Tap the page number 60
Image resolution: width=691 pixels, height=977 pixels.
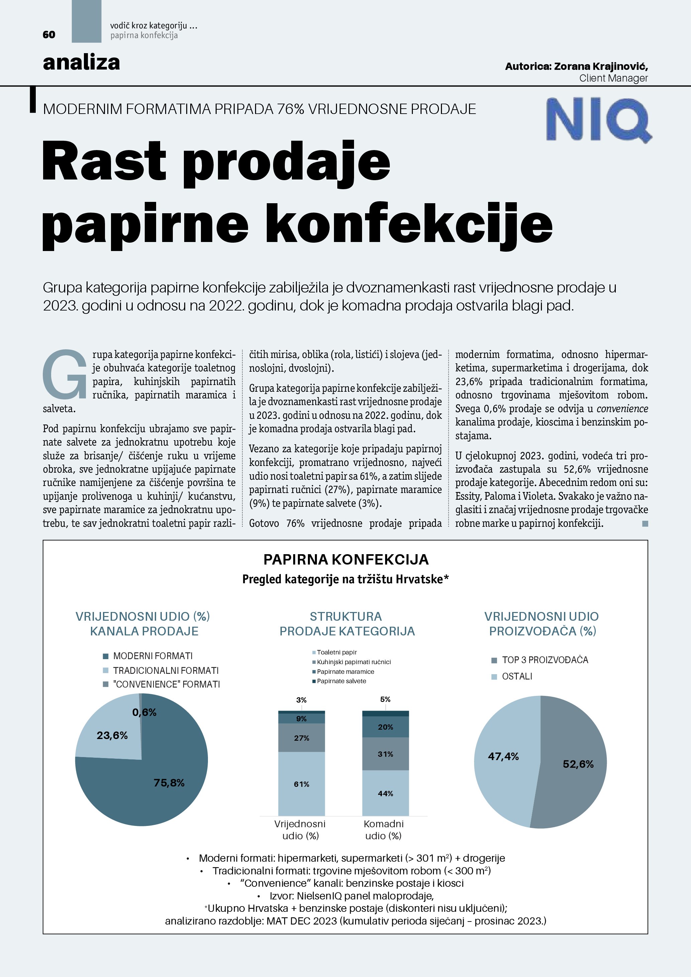pos(49,35)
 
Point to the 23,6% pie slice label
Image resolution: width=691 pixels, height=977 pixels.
pos(112,735)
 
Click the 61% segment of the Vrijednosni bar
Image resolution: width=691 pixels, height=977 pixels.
pos(301,784)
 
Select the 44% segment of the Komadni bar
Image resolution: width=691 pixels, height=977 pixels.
pos(385,793)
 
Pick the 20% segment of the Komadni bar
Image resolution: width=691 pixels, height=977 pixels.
pos(385,727)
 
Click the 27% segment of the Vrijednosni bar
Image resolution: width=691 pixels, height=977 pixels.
pos(301,738)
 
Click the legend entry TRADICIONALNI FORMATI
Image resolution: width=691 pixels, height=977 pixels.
pos(165,670)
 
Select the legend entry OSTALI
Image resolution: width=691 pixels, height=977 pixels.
pos(516,676)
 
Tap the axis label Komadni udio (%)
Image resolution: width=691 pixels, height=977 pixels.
pos(383,829)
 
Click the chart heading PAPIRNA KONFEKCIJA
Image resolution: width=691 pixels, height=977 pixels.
pos(346,559)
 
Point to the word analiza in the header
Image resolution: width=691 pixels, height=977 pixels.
pos(81,63)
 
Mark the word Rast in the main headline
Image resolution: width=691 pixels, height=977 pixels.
pos(104,162)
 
